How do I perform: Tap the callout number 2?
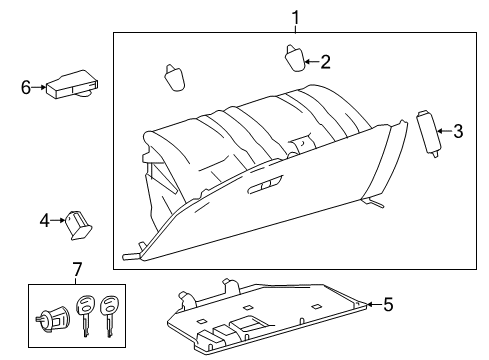tap(325, 61)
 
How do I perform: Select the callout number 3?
tap(458, 130)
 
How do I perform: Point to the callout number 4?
tap(44, 220)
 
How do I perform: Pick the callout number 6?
tap(27, 88)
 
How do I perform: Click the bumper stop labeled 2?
tap(293, 59)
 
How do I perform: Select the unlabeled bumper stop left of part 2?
tap(173, 76)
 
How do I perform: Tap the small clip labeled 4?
tap(78, 222)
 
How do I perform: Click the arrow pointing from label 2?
tap(311, 61)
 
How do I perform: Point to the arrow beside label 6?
tap(41, 88)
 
